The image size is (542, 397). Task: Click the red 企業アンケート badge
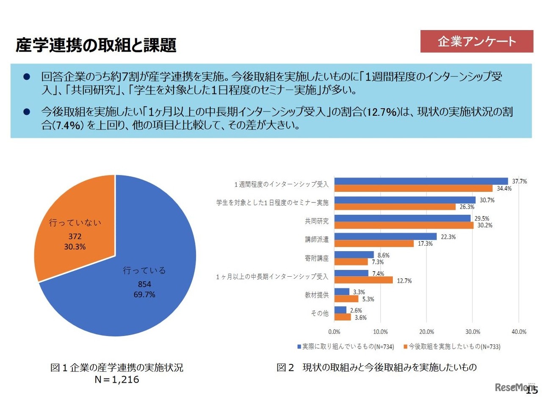click(x=476, y=42)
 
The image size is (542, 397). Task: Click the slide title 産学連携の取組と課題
click(x=96, y=45)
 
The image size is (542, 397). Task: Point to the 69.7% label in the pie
click(x=144, y=294)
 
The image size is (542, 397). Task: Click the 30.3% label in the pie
click(x=75, y=247)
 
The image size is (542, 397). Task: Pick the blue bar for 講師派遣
click(x=385, y=236)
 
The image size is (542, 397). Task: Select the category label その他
click(x=320, y=314)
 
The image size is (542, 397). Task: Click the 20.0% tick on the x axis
click(x=426, y=331)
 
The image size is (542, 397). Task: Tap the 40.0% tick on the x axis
click(x=519, y=331)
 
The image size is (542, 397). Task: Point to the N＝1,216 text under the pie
click(x=117, y=380)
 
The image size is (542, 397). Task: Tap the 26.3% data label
click(x=467, y=207)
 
